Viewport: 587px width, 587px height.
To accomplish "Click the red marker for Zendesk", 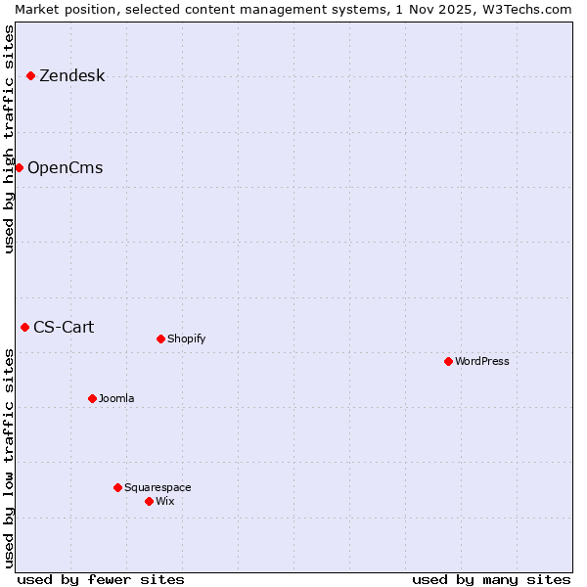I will point(30,75).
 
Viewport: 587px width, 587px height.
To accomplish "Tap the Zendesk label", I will point(71,76).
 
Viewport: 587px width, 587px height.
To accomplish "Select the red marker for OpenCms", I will point(19,167).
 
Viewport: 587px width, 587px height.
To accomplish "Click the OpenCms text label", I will point(65,168).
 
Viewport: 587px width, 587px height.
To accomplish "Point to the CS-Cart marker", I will point(24,327).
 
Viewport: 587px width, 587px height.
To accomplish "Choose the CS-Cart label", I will point(64,328).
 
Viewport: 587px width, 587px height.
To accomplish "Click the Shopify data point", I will point(160,339).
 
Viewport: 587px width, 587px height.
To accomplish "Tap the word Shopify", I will point(186,339).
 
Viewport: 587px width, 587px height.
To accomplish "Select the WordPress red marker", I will point(448,361).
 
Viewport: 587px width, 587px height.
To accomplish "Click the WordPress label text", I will point(481,362).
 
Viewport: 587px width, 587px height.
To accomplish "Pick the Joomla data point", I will point(92,398).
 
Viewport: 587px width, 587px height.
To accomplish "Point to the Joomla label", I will point(116,399).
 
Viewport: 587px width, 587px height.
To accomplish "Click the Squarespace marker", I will point(117,487).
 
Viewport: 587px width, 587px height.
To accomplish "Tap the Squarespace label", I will point(158,488).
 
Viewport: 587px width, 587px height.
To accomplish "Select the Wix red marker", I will point(149,501).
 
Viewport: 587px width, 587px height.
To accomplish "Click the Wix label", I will point(164,502).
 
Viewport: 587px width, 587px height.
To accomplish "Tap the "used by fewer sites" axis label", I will point(101,579).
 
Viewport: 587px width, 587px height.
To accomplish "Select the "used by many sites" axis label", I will point(491,579).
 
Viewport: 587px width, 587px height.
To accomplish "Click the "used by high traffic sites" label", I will point(9,140).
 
